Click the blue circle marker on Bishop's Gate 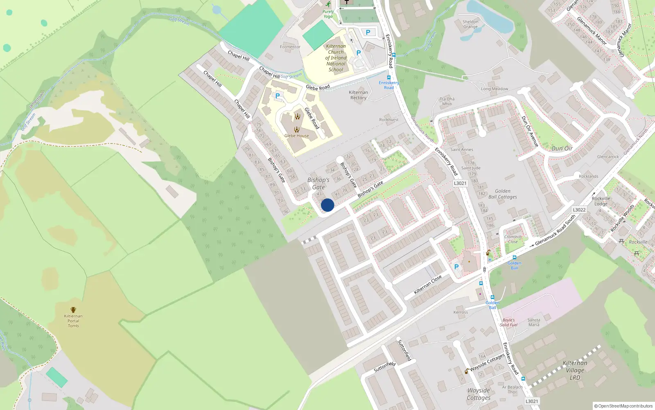(x=327, y=205)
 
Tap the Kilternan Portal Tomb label (x=73, y=321)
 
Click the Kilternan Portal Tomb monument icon (x=73, y=310)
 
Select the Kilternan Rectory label (x=358, y=95)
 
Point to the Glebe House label (x=296, y=136)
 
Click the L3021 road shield (x=460, y=183)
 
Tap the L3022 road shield (x=579, y=210)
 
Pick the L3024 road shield (x=531, y=401)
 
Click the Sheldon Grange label (x=470, y=24)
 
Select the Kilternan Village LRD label (x=575, y=370)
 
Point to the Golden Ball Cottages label (x=502, y=194)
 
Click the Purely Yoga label (x=328, y=14)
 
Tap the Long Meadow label (x=494, y=89)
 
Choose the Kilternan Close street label (x=427, y=285)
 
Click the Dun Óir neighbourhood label (x=562, y=148)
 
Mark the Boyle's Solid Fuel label (x=508, y=323)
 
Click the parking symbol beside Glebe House (x=278, y=96)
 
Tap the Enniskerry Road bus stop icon (x=388, y=77)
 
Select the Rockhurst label (x=388, y=120)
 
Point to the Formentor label (x=290, y=47)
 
